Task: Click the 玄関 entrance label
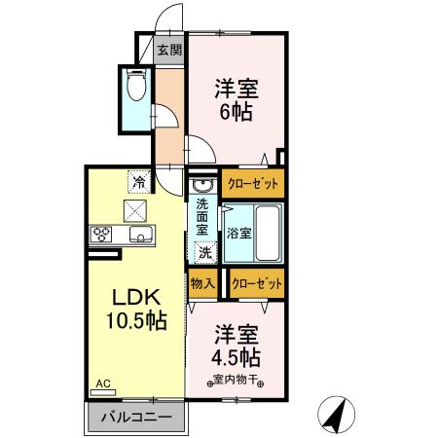click(x=169, y=50)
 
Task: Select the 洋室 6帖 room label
click(x=236, y=99)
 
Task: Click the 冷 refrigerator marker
click(x=140, y=182)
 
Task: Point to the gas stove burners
click(x=102, y=235)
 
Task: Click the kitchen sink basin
click(x=140, y=236)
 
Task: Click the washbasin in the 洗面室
click(x=201, y=185)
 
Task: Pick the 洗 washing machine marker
click(x=204, y=252)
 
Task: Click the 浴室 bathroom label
click(x=239, y=234)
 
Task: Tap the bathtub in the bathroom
click(x=268, y=233)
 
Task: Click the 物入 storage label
click(x=202, y=283)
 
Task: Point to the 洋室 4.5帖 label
click(x=237, y=343)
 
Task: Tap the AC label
click(x=101, y=383)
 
